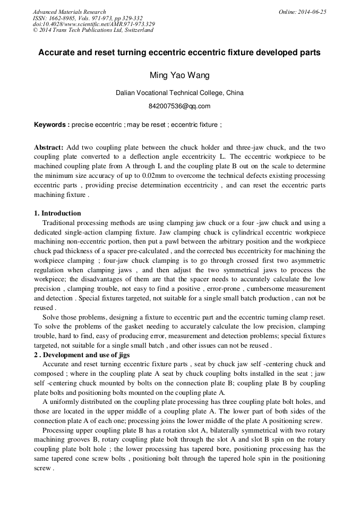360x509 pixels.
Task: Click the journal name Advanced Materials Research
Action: (x=69, y=12)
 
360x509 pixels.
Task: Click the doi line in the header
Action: (x=93, y=24)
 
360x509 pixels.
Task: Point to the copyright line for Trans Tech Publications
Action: (x=93, y=30)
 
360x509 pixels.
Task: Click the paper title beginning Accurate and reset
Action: (x=179, y=53)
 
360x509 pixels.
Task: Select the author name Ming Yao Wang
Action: (x=179, y=75)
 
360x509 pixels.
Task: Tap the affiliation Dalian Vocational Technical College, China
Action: (x=179, y=93)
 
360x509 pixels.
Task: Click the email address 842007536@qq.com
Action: (x=179, y=106)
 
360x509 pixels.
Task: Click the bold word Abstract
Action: (x=49, y=147)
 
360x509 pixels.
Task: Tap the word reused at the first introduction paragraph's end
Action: (x=44, y=308)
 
